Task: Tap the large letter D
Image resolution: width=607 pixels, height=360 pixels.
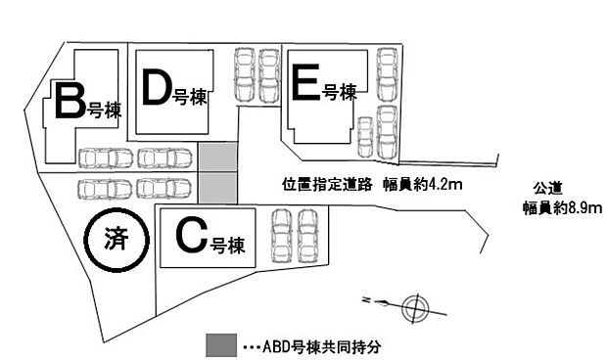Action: (157, 87)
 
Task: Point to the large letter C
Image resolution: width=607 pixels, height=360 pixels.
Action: (191, 235)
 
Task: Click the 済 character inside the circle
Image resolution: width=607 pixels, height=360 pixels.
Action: (116, 238)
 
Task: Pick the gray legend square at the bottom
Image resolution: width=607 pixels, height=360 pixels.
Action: (220, 345)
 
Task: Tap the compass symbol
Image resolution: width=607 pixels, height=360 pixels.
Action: (415, 306)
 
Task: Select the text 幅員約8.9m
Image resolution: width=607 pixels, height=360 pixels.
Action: (561, 207)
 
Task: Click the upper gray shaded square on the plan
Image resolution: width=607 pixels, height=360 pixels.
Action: (218, 157)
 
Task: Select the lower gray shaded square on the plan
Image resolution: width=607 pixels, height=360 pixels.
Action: (218, 187)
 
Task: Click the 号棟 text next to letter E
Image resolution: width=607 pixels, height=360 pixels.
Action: (339, 93)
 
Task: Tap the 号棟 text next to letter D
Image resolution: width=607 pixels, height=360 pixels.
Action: (189, 96)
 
